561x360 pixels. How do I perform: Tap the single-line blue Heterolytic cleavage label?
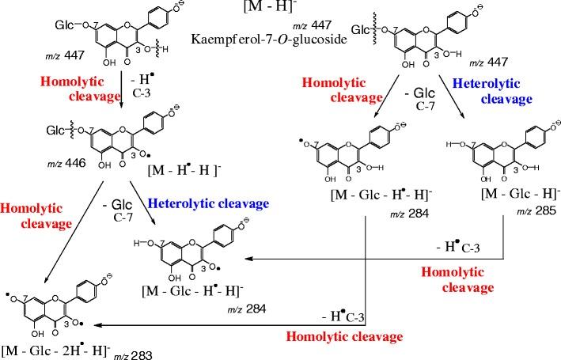(x=199, y=179)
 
